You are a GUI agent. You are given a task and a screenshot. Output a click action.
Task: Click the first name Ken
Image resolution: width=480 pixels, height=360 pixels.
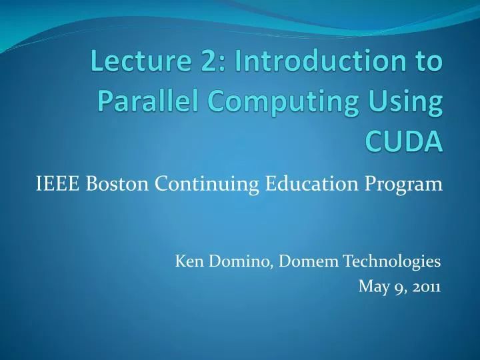click(187, 261)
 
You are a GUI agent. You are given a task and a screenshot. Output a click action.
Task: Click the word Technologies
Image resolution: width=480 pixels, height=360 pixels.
click(391, 262)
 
